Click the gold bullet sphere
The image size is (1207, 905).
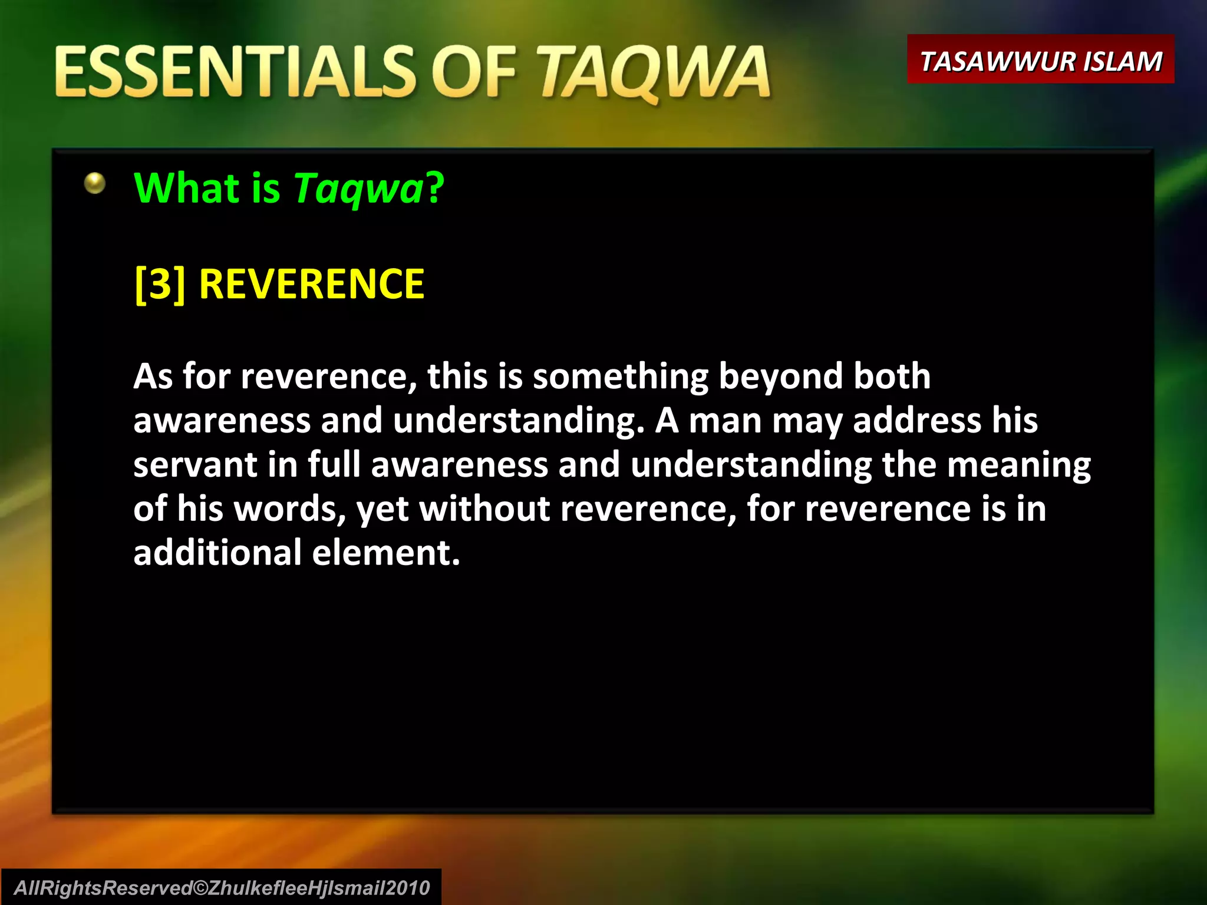94,183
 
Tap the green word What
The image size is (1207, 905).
186,189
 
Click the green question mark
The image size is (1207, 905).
436,189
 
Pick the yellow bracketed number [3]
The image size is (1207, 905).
160,284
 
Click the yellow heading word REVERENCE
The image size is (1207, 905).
311,284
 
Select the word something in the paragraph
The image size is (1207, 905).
620,378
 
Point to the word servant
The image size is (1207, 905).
195,465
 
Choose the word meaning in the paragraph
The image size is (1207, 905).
1018,466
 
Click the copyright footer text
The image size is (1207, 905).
222,887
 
